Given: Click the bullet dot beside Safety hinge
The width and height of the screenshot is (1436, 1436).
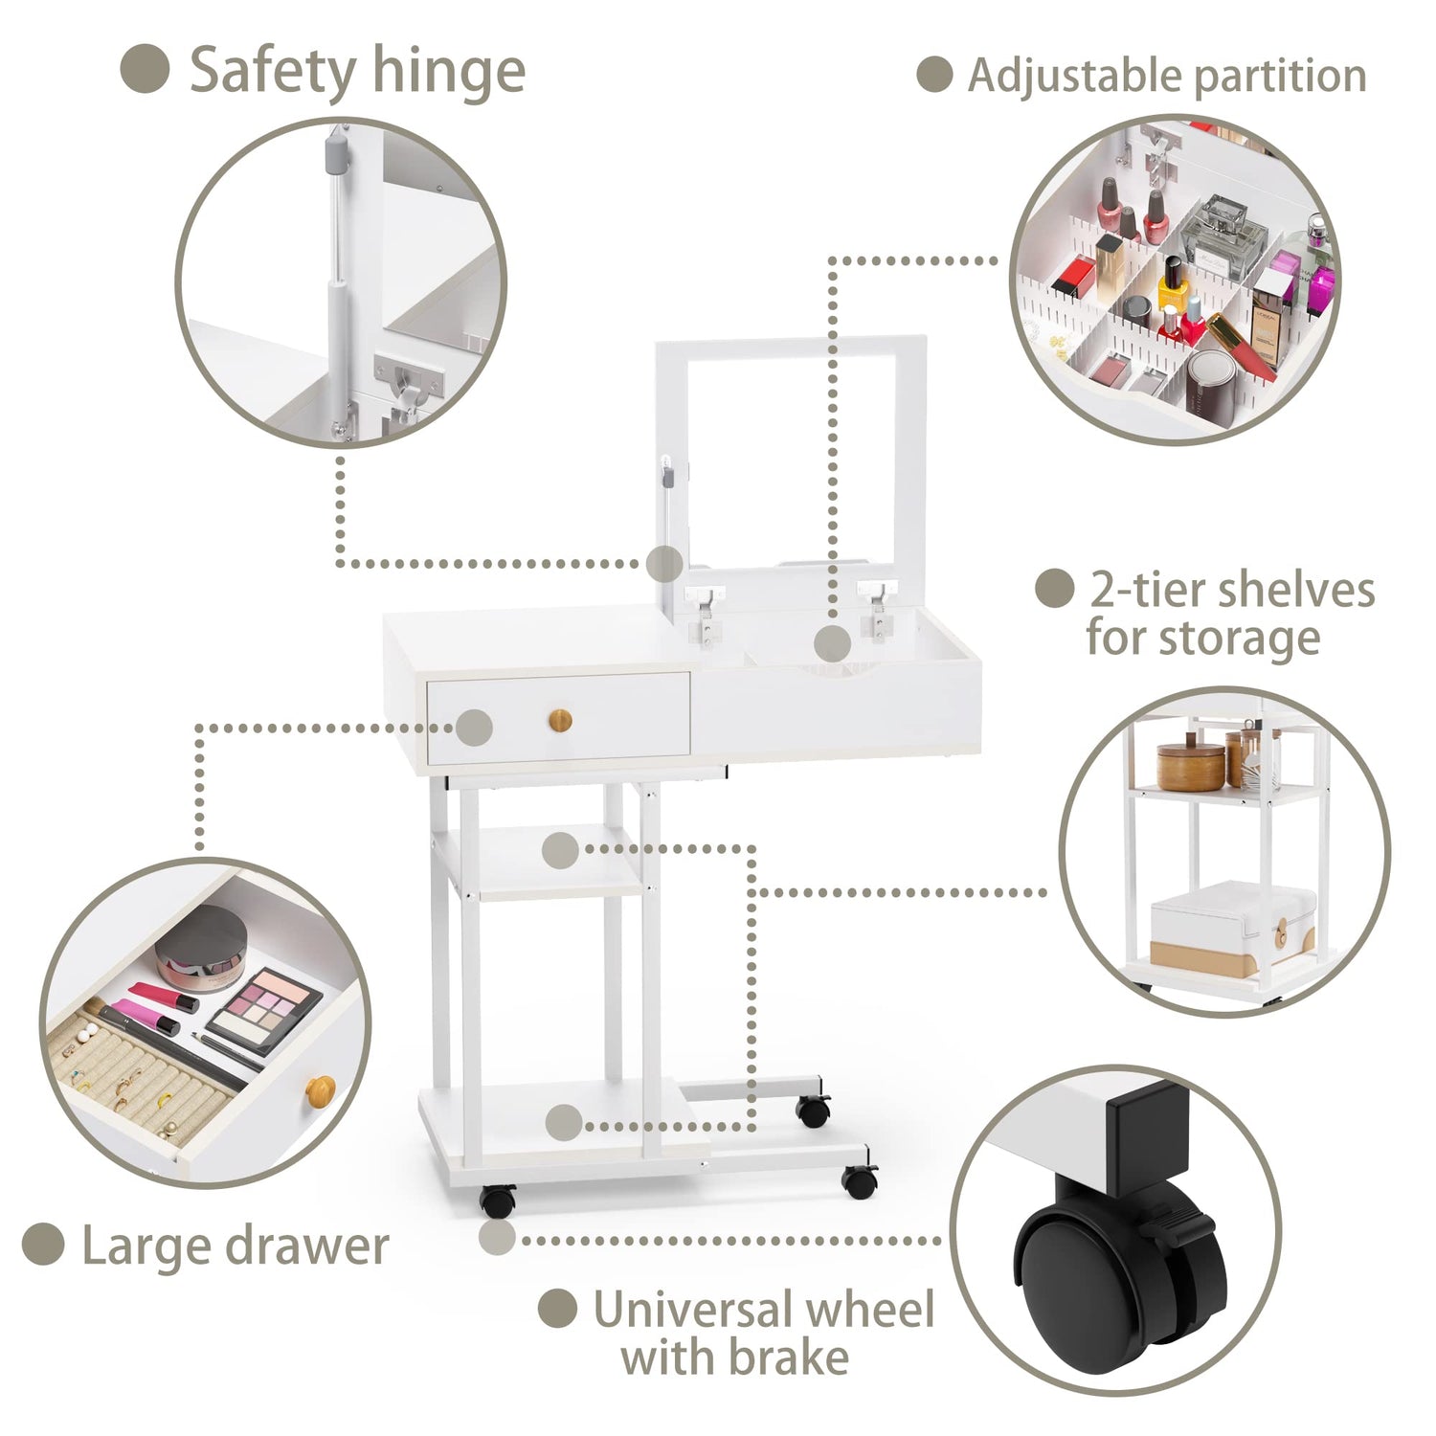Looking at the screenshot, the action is (x=146, y=69).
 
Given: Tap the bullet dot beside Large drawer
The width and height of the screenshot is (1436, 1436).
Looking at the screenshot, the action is (x=43, y=1244).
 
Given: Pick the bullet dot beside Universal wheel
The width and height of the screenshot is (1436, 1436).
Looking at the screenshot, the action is (x=557, y=1309).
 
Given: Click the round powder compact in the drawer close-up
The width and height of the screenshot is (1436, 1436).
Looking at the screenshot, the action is (x=203, y=949).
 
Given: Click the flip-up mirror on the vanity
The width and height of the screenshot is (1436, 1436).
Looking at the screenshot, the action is (x=792, y=450).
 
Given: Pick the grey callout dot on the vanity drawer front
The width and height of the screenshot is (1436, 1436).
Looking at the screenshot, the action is (x=474, y=728).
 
